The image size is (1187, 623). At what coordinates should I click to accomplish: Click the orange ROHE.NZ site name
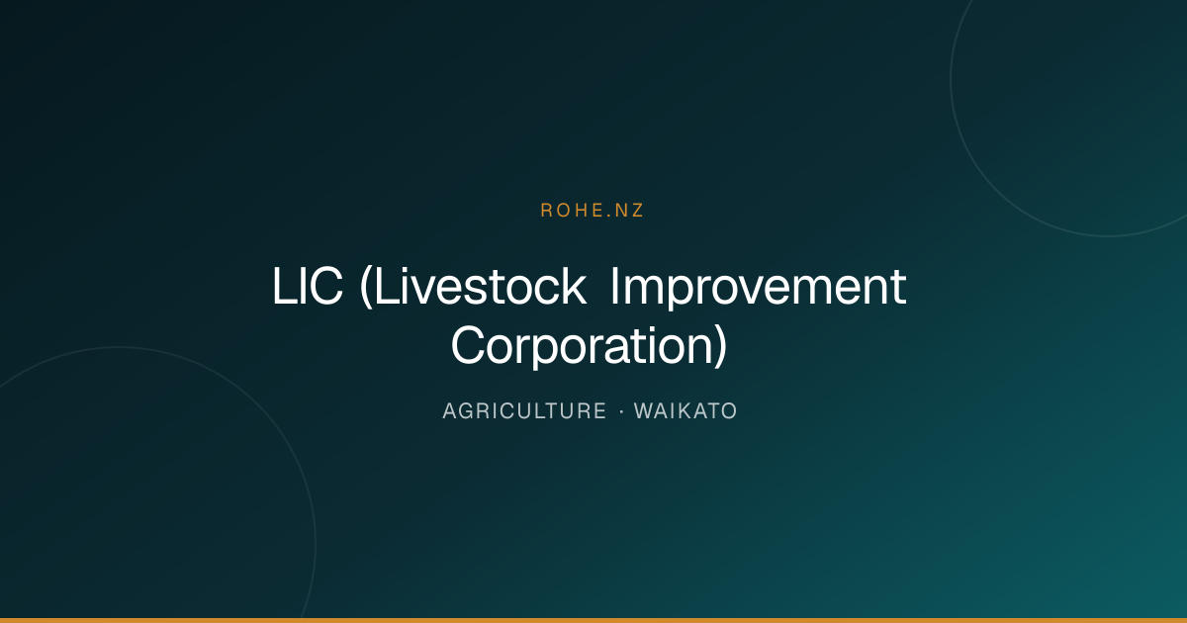(592, 211)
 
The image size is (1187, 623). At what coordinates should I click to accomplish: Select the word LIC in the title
(308, 287)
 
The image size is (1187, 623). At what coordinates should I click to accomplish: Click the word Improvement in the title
(759, 288)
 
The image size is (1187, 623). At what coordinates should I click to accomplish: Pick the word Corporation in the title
(583, 346)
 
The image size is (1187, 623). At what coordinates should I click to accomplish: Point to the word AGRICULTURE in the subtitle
(524, 411)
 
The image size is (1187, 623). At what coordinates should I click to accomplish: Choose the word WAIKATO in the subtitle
(685, 411)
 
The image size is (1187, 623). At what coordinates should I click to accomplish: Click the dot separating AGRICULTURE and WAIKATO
(621, 411)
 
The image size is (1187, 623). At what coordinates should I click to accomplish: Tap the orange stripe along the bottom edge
(593, 620)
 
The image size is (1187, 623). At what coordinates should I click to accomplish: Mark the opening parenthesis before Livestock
(366, 287)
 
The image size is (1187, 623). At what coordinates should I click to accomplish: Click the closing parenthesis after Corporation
(721, 346)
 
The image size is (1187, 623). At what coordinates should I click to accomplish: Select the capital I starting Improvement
(614, 287)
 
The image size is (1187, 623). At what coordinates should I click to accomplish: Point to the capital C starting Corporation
(469, 345)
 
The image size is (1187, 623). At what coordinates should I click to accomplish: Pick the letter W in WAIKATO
(645, 411)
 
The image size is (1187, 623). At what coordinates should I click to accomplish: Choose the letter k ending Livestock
(575, 286)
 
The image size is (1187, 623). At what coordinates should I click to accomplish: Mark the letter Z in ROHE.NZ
(637, 211)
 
